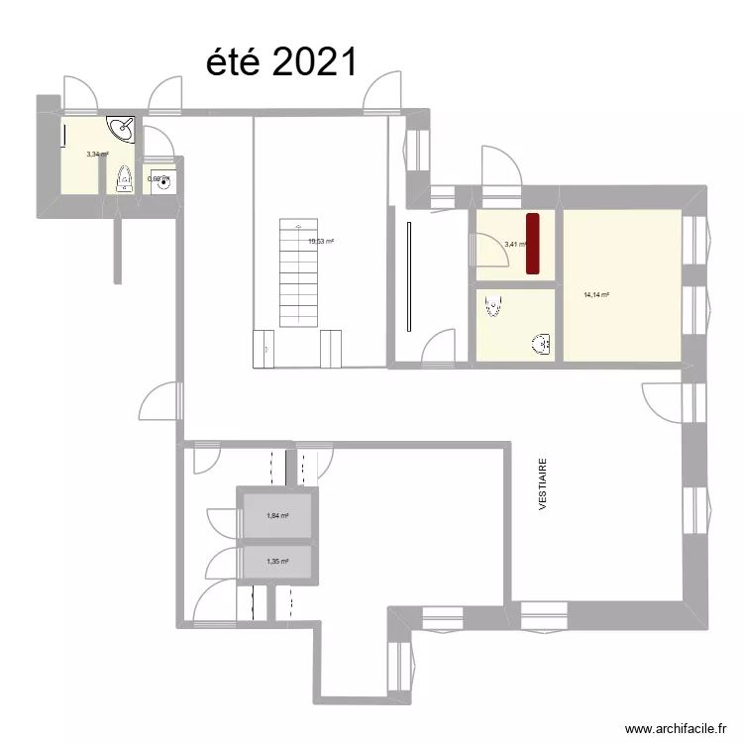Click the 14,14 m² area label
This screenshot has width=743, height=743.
596,294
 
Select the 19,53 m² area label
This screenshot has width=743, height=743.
321,241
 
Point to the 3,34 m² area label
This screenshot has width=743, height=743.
97,154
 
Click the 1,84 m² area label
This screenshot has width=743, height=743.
277,515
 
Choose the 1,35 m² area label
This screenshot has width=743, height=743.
277,562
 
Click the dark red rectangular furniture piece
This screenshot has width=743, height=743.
532,243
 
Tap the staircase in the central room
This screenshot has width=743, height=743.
296,267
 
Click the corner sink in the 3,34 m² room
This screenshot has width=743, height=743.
123,128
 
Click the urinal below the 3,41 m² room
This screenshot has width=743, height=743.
491,309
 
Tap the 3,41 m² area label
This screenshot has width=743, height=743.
515,245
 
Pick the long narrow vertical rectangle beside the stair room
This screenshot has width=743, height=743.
408,278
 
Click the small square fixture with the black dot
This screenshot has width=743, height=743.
160,179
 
